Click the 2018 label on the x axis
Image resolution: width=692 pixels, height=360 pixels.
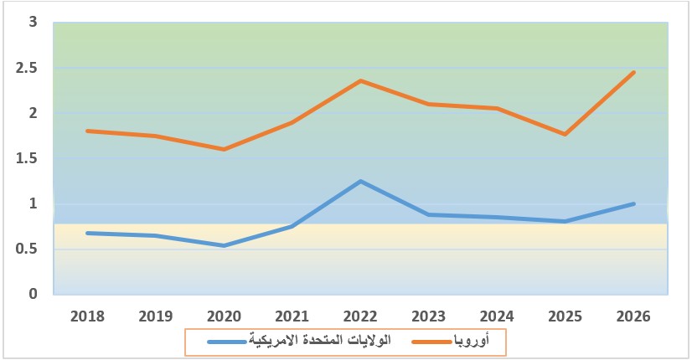click(88, 316)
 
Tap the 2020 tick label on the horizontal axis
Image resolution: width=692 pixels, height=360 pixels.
click(225, 316)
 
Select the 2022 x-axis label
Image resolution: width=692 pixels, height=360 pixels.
click(361, 316)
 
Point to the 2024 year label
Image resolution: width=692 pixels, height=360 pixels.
click(498, 316)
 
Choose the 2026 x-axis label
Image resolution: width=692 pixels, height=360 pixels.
click(633, 316)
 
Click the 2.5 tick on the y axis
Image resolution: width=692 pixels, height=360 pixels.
click(28, 68)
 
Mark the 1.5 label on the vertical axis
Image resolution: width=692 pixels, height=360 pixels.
click(28, 158)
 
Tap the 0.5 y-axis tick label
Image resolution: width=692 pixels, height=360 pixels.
click(28, 249)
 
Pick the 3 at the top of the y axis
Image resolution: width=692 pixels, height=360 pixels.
click(34, 23)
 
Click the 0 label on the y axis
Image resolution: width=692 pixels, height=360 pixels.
click(34, 294)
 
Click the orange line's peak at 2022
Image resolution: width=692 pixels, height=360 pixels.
click(361, 80)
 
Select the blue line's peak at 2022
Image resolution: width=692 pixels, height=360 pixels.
click(361, 181)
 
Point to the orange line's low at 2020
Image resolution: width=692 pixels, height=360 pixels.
click(225, 149)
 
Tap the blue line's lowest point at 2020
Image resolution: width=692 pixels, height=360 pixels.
click(225, 245)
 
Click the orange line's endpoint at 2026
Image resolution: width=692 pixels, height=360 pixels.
click(634, 73)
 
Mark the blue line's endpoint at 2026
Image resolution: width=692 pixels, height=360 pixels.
click(634, 203)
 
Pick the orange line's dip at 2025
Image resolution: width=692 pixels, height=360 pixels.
click(565, 134)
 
